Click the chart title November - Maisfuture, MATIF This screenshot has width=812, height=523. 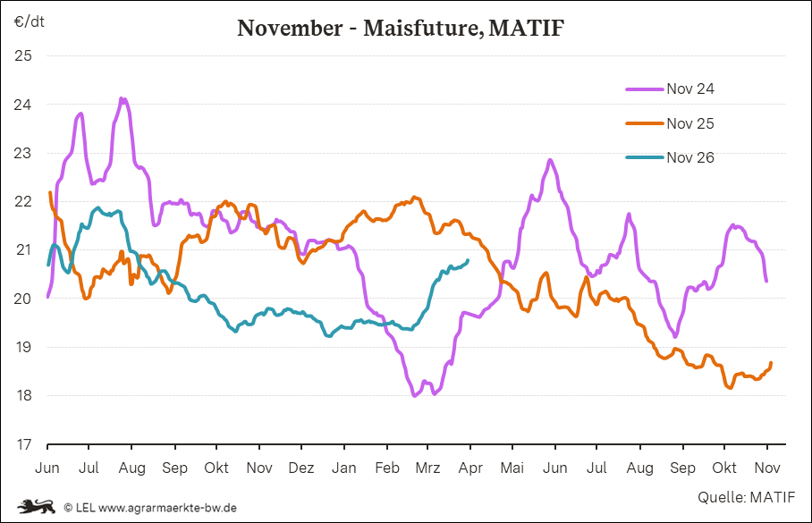[x=401, y=28]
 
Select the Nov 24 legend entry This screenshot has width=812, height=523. [x=689, y=89]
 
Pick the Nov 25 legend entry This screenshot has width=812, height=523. [x=689, y=123]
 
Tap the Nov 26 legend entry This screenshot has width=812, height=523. [x=689, y=158]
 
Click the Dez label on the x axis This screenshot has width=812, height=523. [x=301, y=468]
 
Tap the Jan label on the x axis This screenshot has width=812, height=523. [x=343, y=468]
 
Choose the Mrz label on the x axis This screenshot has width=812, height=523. [x=429, y=468]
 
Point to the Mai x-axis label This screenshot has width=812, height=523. [x=512, y=468]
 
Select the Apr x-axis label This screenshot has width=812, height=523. [x=470, y=468]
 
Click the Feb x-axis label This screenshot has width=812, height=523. [x=386, y=468]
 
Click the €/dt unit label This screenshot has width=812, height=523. [x=29, y=20]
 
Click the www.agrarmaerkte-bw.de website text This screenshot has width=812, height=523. [x=167, y=507]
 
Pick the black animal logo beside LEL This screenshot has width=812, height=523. [x=37, y=506]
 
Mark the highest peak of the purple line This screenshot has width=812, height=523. [x=122, y=98]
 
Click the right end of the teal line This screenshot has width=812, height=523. [x=468, y=260]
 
